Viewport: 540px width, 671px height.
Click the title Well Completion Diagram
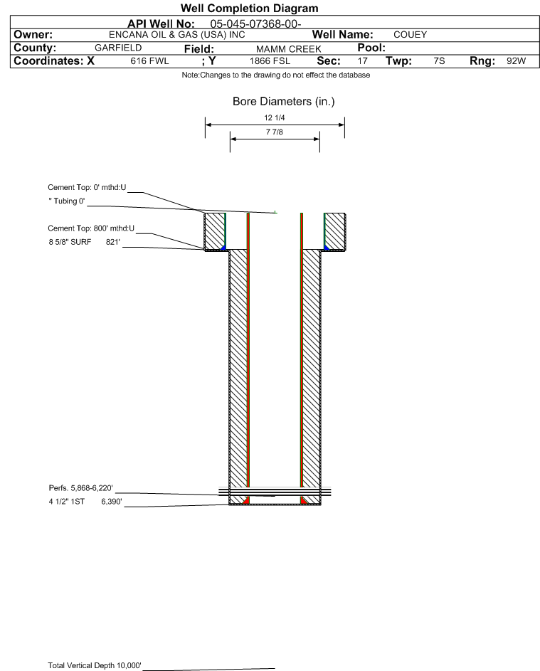(x=250, y=8)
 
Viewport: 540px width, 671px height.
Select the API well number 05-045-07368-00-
(x=255, y=24)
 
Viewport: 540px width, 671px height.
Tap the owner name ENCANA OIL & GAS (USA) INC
(x=176, y=35)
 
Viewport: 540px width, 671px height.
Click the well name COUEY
(x=410, y=35)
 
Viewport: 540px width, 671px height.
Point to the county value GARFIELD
(x=118, y=48)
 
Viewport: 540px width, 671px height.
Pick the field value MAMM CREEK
(x=288, y=49)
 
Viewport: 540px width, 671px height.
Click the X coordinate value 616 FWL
(x=149, y=61)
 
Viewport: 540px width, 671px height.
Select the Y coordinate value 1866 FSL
(x=270, y=61)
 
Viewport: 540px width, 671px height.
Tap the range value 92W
(x=516, y=60)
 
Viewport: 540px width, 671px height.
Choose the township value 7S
(x=439, y=60)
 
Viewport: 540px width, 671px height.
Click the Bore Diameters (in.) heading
(x=284, y=102)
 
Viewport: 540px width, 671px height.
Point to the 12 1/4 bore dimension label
(x=275, y=117)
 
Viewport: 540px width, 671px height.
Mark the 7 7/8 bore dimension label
(x=275, y=132)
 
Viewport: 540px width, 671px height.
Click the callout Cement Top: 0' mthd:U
(x=87, y=187)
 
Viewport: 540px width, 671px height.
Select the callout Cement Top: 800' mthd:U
(x=91, y=228)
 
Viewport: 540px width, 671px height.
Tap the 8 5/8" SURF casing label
(x=70, y=242)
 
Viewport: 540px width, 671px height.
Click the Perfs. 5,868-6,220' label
(x=81, y=488)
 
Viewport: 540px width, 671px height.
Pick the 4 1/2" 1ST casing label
(x=66, y=502)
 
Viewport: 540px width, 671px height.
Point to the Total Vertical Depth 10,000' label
(x=95, y=665)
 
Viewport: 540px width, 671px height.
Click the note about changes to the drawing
(x=276, y=75)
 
